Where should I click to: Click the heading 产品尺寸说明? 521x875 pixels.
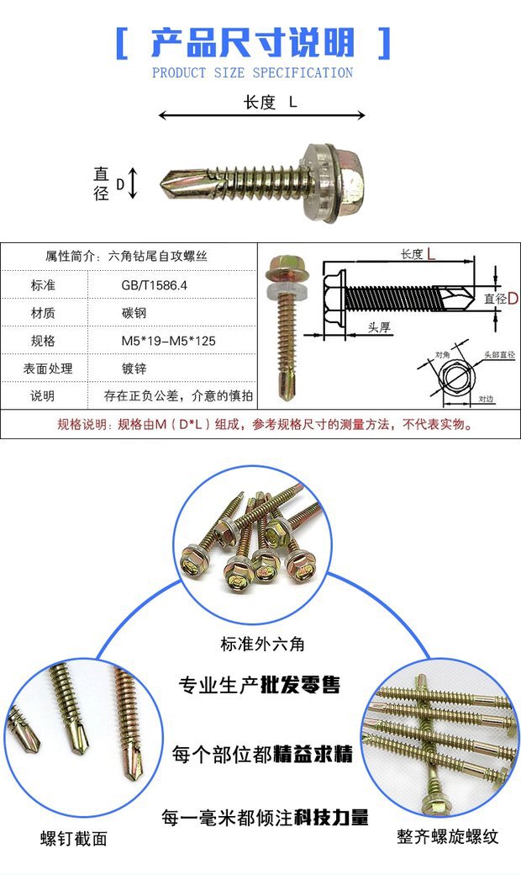253,42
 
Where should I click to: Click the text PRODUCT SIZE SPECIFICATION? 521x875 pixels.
253,73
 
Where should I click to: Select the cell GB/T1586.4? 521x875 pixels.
155,285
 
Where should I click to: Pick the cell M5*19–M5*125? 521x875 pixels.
174,341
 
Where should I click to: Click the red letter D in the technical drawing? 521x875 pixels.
512,299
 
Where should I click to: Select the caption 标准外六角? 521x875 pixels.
262,644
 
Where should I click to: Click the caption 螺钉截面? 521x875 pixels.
74,838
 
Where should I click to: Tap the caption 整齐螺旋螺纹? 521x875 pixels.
448,836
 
